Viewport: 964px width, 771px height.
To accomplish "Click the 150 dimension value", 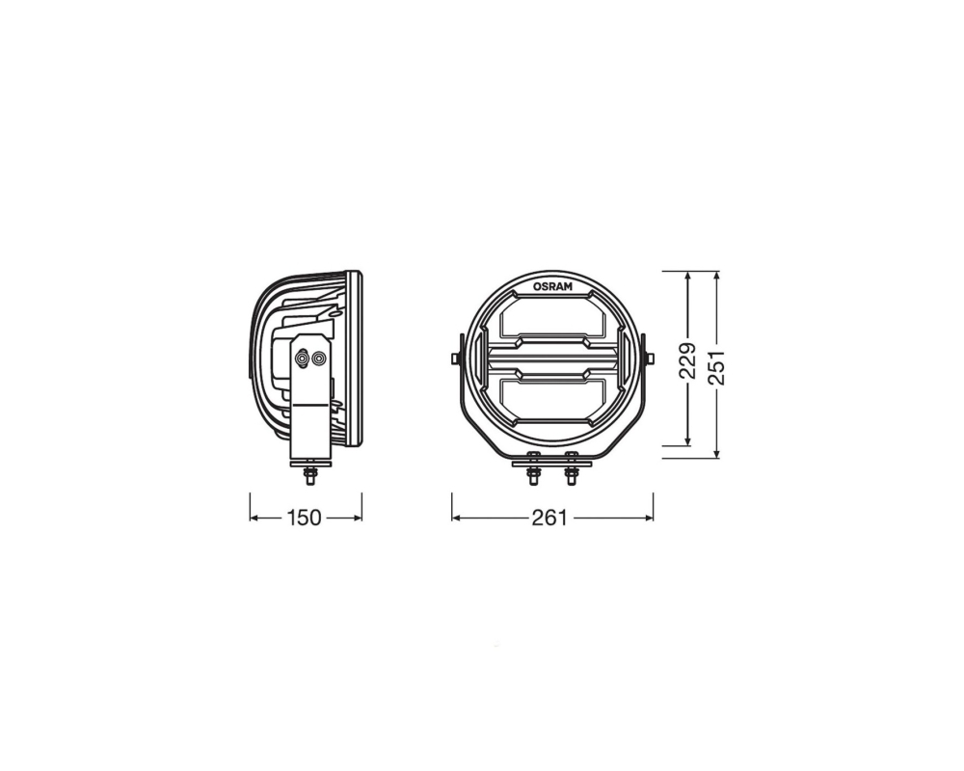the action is click(x=305, y=518).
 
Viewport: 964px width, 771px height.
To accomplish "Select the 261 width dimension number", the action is click(x=549, y=518).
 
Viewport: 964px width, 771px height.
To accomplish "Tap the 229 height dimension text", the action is click(x=687, y=360).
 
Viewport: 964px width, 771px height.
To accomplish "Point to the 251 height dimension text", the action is click(x=716, y=368).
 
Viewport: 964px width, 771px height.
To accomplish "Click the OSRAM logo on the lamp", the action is click(x=552, y=286).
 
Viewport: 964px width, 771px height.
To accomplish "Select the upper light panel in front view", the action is click(x=552, y=320).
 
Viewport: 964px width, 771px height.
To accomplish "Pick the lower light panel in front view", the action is click(x=552, y=398).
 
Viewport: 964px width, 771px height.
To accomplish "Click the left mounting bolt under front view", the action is click(x=533, y=472).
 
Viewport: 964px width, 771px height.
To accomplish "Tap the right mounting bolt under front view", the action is click(x=572, y=472).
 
